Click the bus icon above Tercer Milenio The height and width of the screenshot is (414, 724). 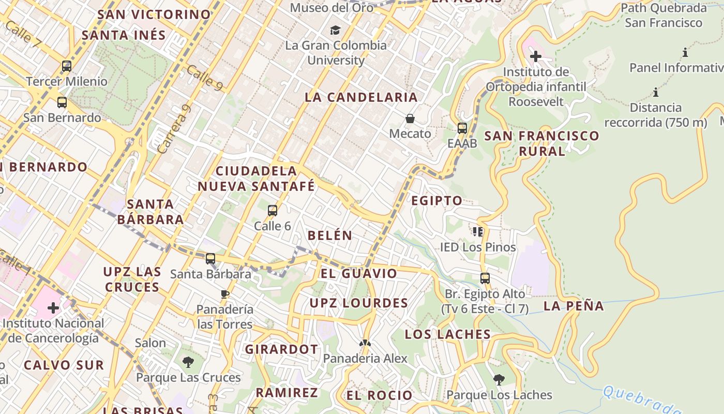click(66, 66)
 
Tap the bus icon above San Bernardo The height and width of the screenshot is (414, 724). click(62, 102)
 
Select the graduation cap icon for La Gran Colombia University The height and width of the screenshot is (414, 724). click(336, 30)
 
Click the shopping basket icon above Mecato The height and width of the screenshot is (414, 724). click(410, 119)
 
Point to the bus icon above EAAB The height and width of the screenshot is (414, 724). click(462, 128)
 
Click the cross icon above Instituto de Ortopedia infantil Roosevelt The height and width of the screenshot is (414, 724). click(536, 56)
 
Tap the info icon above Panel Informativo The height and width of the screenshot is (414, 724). click(685, 52)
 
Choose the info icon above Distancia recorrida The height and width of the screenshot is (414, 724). click(656, 93)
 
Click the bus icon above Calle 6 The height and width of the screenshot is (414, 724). click(273, 211)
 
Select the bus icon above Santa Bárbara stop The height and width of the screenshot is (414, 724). click(210, 258)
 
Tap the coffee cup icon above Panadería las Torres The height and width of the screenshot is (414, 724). click(224, 294)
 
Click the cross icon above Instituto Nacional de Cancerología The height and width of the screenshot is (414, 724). click(53, 308)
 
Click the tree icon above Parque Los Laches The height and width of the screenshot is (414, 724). click(499, 380)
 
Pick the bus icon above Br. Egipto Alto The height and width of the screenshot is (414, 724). click(485, 278)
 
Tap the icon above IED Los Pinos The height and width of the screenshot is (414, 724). click(477, 231)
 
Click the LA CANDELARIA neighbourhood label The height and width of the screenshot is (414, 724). click(361, 97)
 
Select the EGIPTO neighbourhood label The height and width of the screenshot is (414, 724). click(436, 201)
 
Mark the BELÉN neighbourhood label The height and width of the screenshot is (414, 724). click(330, 235)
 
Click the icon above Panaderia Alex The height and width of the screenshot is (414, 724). click(365, 343)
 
